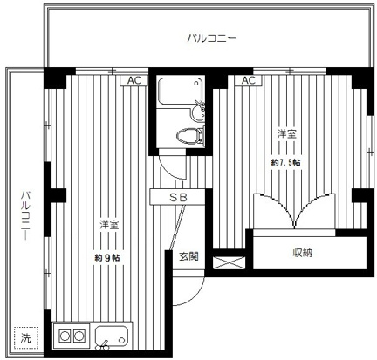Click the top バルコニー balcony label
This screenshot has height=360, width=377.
click(x=211, y=38)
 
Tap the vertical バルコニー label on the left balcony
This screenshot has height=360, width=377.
click(x=25, y=215)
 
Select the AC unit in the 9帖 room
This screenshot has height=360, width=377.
click(x=134, y=80)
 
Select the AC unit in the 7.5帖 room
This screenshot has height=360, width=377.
click(x=248, y=80)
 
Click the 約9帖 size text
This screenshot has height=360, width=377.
click(x=107, y=257)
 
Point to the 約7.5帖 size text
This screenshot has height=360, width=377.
click(x=285, y=162)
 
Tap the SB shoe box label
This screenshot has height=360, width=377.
click(x=178, y=197)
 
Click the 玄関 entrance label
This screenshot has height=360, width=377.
click(x=188, y=256)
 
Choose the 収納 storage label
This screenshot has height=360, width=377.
click(x=302, y=253)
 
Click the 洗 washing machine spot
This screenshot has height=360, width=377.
click(x=25, y=338)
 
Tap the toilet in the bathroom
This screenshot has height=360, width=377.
click(x=190, y=135)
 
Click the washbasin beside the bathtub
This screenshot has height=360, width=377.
click(x=199, y=112)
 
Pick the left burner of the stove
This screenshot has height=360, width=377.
click(x=65, y=336)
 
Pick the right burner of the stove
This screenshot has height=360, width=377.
click(x=79, y=336)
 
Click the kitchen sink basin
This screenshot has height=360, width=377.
click(x=113, y=337)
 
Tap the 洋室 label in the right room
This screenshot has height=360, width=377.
click(x=286, y=134)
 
